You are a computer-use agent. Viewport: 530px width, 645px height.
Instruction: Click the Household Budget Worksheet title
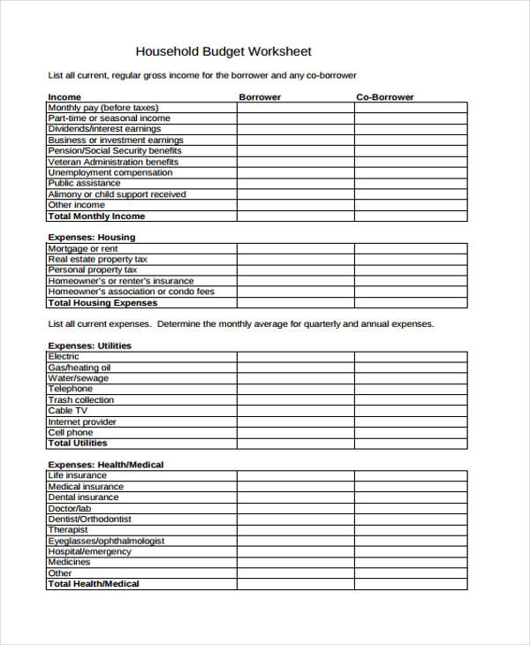[223, 51]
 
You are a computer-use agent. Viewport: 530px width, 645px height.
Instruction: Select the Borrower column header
[260, 97]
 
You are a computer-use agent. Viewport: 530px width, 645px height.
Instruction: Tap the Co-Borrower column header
[384, 97]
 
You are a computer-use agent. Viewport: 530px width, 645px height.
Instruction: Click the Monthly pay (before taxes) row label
[103, 108]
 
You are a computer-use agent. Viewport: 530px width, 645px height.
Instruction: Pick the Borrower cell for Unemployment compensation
[295, 172]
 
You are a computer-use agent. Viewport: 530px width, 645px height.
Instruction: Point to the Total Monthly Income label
[96, 216]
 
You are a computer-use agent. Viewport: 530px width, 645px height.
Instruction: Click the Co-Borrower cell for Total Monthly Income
[411, 216]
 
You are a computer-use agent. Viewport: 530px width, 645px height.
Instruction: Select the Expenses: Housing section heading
[92, 238]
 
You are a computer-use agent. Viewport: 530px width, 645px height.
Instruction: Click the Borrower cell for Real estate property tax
[295, 260]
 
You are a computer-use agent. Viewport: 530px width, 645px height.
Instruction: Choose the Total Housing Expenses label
[102, 303]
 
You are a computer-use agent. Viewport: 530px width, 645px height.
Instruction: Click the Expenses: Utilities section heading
[90, 345]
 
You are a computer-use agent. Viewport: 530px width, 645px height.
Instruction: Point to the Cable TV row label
[68, 411]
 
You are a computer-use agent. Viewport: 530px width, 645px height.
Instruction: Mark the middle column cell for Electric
[295, 357]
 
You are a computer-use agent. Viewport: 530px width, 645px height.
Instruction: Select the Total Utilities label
[78, 444]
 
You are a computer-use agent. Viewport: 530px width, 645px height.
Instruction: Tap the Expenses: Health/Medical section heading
[106, 465]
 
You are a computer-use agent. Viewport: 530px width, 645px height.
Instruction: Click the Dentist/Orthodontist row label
[89, 520]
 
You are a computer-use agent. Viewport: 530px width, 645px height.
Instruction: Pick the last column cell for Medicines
[411, 563]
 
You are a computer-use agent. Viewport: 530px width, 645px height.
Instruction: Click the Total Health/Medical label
[94, 584]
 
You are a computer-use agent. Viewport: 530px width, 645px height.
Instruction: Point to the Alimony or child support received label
[117, 194]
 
